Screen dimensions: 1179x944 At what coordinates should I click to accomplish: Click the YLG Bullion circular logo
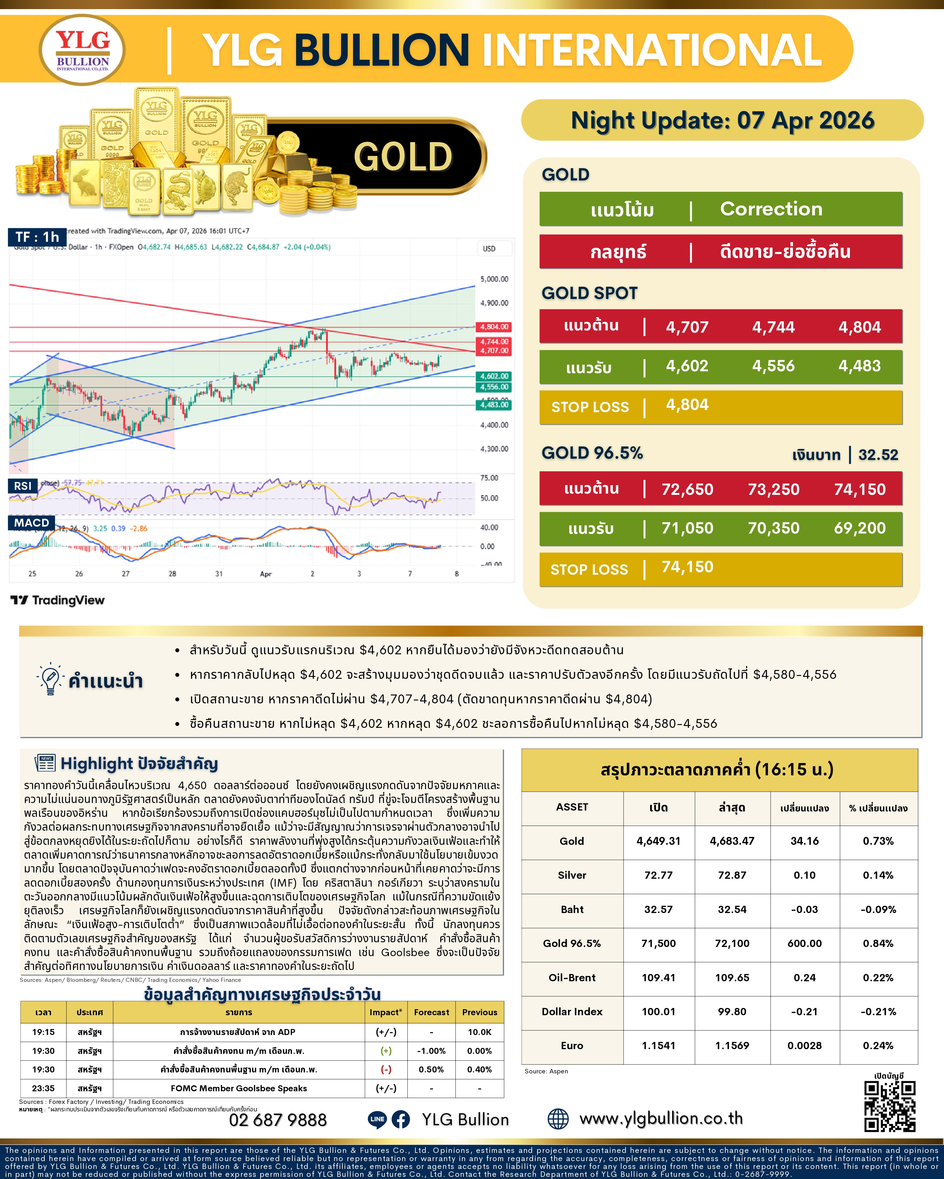[x=82, y=50]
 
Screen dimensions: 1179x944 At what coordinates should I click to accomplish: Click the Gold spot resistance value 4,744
[x=773, y=327]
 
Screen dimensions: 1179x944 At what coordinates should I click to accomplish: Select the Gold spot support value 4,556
[x=773, y=366]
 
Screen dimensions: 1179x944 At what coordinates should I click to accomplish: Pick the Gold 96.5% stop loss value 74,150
[x=687, y=567]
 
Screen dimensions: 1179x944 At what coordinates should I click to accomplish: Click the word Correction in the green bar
[x=771, y=209]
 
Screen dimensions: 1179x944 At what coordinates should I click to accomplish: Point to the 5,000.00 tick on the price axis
[x=494, y=279]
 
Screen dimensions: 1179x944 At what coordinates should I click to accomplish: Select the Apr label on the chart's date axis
[x=265, y=574]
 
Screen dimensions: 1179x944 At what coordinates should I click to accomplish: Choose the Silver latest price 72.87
[x=732, y=875]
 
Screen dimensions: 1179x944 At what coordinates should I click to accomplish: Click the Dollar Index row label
[x=572, y=1012]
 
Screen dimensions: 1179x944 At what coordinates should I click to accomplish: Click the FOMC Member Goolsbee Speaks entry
[x=239, y=1088]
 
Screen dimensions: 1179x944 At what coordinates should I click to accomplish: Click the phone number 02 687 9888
[x=278, y=1120]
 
